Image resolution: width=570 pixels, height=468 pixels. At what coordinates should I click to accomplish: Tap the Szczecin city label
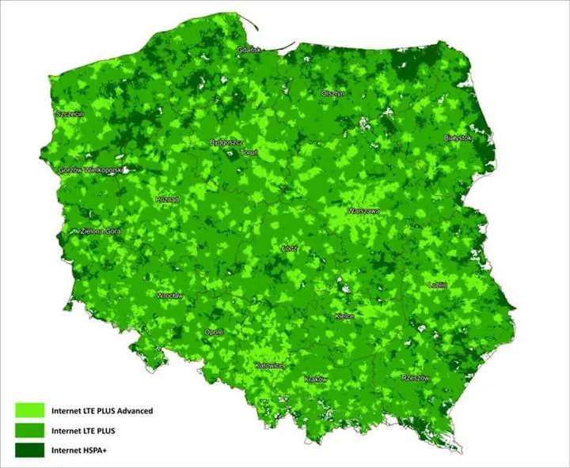pos(70,114)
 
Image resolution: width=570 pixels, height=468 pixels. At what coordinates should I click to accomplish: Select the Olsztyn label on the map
pos(332,93)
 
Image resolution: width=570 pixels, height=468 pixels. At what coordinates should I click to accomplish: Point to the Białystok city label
pos(458,138)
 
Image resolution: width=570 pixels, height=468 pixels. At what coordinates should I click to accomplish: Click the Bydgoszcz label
pos(226,142)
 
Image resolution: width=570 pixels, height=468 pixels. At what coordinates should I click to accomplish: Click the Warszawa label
pos(363,211)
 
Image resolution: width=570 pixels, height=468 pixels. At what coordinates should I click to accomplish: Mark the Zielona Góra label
pos(101,232)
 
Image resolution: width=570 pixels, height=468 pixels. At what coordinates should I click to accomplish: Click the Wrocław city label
pos(170,296)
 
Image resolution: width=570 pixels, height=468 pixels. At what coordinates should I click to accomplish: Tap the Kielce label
pos(344,315)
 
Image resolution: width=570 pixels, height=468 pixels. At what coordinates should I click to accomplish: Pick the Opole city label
pos(214,332)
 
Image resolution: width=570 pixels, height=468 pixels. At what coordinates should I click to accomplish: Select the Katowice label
pos(269,366)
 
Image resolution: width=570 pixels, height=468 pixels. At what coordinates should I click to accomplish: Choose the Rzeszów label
pos(415,378)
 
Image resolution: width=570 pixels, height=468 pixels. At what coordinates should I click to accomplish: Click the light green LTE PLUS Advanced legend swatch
pos(30,410)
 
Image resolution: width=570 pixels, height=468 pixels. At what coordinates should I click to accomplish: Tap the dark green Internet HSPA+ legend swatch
pos(30,450)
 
